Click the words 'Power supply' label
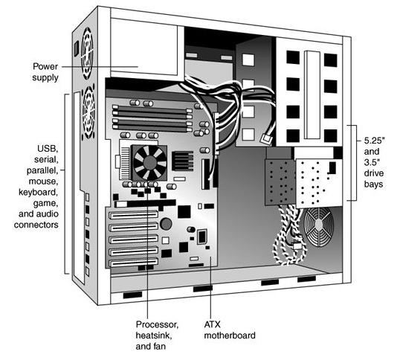(45, 72)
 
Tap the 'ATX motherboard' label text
(230, 330)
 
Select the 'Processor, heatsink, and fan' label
(157, 335)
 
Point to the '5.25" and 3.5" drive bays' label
(374, 163)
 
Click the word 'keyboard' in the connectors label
(38, 193)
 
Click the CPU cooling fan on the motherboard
(150, 162)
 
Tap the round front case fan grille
(319, 227)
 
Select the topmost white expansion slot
(133, 214)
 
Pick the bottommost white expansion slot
(133, 263)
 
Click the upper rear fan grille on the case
(87, 54)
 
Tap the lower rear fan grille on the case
(88, 112)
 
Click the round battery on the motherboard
(166, 224)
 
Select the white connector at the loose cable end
(266, 139)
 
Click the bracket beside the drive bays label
(352, 163)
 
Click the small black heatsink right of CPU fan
(183, 161)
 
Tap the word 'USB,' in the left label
(48, 149)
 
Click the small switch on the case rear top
(77, 48)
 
